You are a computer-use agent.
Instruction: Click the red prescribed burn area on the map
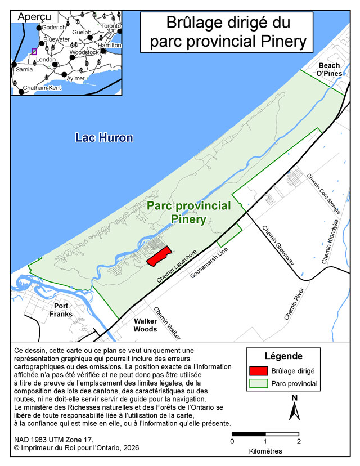pyautogui.click(x=159, y=257)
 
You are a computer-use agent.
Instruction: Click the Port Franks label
pyautogui.click(x=61, y=310)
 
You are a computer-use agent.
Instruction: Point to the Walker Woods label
pyautogui.click(x=145, y=325)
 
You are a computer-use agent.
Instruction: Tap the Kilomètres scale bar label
pyautogui.click(x=265, y=451)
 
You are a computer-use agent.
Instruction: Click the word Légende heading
pyautogui.click(x=283, y=356)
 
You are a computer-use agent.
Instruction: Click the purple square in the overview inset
pyautogui.click(x=34, y=51)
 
